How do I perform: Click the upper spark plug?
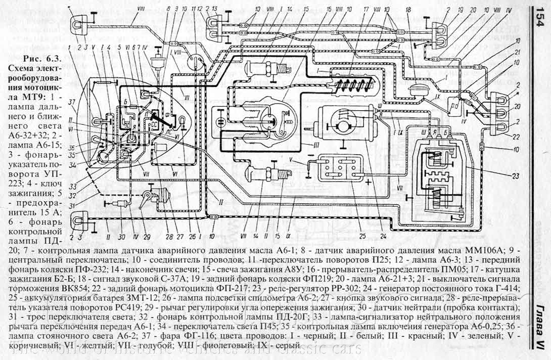pos(272,68)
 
